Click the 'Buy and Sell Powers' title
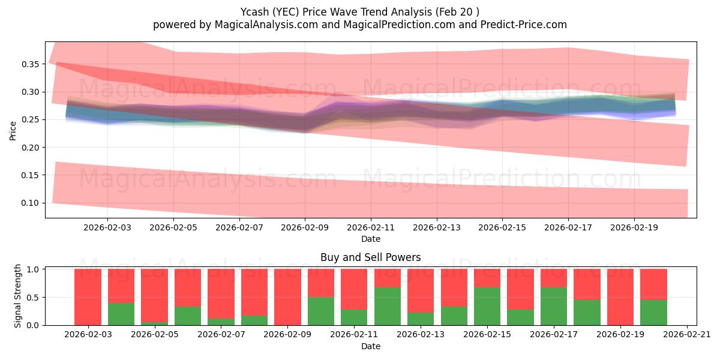tap(370, 257)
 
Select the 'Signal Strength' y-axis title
tap(18, 295)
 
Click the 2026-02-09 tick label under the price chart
tap(305, 227)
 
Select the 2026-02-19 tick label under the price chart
tap(635, 227)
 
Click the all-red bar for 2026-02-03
tap(88, 297)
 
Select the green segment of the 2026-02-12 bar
tap(387, 307)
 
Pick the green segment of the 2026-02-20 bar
tap(653, 313)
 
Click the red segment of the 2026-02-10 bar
tap(321, 283)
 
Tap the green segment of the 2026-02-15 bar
tap(487, 307)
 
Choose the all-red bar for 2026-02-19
tap(620, 297)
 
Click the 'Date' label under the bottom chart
tap(370, 346)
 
